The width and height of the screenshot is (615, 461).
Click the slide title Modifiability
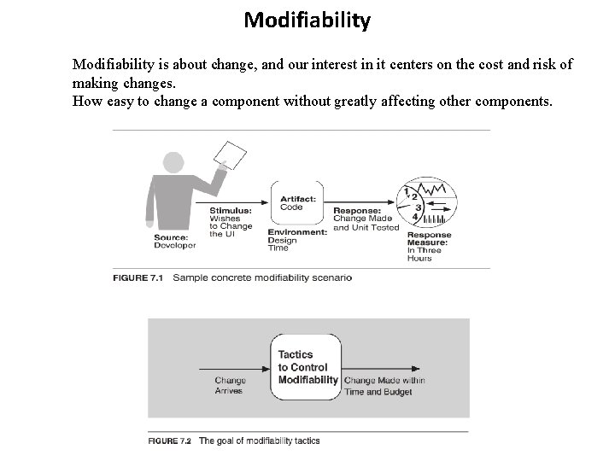point(307,20)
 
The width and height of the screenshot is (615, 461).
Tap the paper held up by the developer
point(230,155)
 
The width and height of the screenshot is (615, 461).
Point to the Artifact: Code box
point(297,202)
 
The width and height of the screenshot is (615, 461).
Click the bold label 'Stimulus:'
point(230,210)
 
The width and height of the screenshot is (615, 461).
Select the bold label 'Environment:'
point(297,232)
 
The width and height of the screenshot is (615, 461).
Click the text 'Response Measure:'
point(428,238)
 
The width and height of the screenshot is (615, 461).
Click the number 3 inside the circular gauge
point(419,207)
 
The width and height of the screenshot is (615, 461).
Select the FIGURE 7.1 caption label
point(141,277)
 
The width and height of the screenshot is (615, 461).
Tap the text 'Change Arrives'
point(230,385)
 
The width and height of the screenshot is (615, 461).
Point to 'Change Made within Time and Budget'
point(384,385)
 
